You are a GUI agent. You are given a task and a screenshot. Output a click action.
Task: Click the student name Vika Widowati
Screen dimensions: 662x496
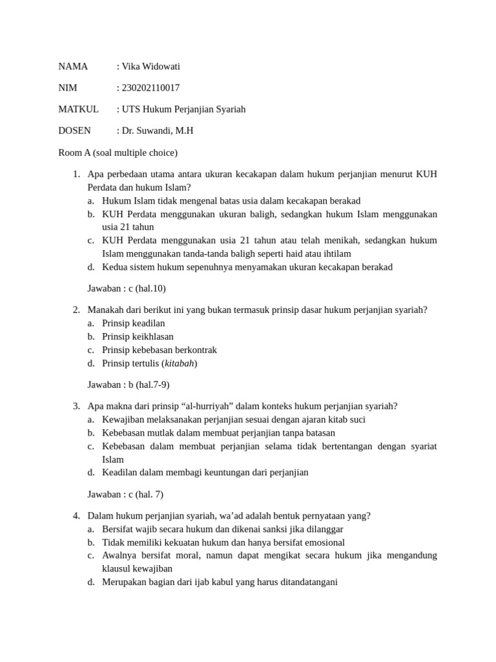coord(150,66)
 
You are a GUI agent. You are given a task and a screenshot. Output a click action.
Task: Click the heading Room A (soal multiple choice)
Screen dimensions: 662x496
coord(118,153)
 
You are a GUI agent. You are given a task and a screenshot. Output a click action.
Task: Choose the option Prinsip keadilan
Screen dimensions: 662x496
coord(133,323)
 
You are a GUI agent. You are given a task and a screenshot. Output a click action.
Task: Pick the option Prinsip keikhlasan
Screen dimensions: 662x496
coord(138,336)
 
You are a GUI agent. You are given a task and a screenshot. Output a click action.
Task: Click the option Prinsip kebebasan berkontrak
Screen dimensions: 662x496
coord(159,350)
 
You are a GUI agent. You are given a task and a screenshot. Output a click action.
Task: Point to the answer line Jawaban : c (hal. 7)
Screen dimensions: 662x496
coord(125,494)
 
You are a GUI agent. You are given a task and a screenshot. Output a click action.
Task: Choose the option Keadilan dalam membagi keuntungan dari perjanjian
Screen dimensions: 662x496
coord(205,472)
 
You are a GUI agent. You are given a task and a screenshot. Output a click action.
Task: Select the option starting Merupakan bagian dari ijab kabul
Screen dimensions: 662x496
coord(220,582)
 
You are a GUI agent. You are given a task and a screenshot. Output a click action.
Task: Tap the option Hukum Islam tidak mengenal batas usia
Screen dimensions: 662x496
coord(231,200)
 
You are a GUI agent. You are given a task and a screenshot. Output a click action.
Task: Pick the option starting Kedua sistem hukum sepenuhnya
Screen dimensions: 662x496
coord(247,267)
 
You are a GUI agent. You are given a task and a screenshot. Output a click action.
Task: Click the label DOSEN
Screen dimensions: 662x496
coord(74,130)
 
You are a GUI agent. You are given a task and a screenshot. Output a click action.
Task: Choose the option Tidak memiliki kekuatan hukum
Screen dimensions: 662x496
coord(223,542)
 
